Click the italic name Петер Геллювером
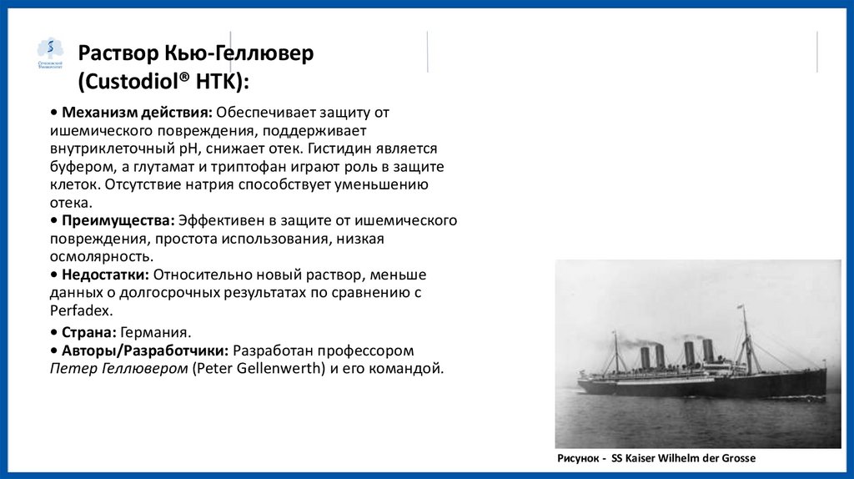pos(118,368)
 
